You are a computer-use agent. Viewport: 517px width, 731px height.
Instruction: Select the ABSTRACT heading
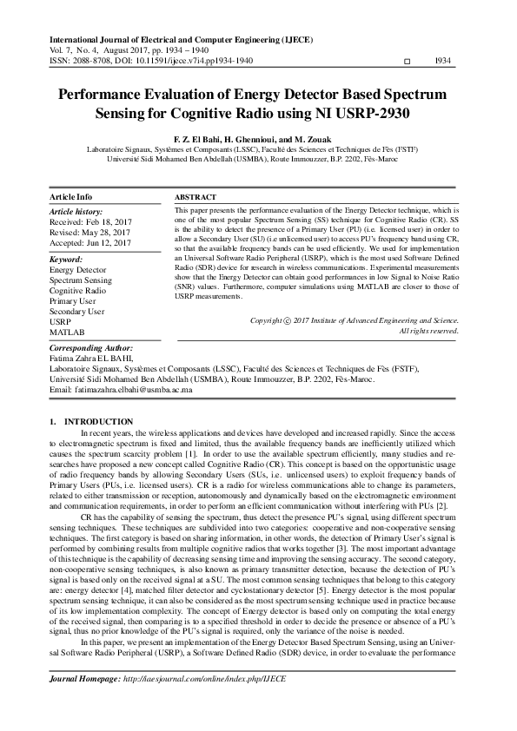pos(196,198)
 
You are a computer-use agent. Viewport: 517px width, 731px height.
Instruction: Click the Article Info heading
pos(71,197)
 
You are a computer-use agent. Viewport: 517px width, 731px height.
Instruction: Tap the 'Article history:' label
pos(75,211)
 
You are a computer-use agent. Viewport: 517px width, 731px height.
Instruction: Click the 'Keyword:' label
pos(66,260)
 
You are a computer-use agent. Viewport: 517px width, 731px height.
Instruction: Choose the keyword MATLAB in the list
pos(67,333)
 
